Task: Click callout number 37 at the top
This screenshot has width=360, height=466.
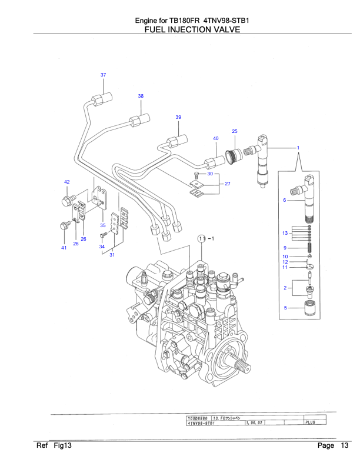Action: point(103,75)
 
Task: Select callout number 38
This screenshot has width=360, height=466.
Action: point(141,96)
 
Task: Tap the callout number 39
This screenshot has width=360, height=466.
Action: point(178,117)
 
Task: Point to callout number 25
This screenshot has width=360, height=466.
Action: point(234,131)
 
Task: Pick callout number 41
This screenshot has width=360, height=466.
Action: point(64,248)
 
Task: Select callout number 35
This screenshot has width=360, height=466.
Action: point(102,225)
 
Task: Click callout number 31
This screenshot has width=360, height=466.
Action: point(112,255)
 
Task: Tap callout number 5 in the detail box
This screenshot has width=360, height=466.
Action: point(285,308)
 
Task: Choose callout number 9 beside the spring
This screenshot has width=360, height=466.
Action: point(285,247)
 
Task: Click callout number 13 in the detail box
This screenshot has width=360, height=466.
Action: point(285,234)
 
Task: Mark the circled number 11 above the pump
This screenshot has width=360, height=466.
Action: point(201,238)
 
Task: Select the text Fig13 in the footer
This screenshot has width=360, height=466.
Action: point(62,445)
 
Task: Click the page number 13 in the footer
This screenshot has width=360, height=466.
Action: point(344,445)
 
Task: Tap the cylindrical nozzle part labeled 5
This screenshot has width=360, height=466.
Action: point(309,308)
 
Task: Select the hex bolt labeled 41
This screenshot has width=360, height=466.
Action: point(64,225)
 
